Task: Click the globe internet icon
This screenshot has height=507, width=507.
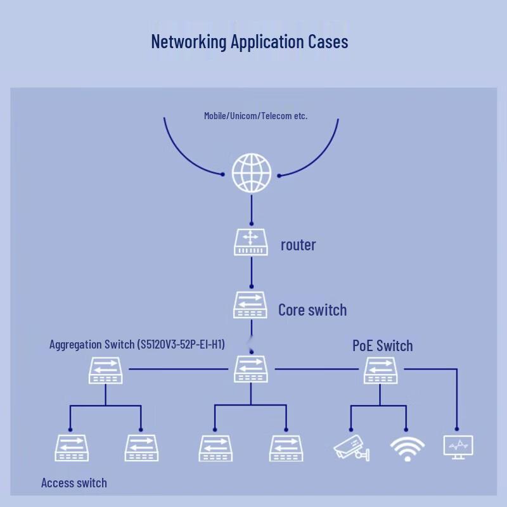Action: pyautogui.click(x=252, y=173)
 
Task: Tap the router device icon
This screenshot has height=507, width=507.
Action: pyautogui.click(x=251, y=242)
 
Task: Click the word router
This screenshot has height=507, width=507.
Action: pyautogui.click(x=298, y=245)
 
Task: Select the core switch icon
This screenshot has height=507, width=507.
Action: pyautogui.click(x=250, y=305)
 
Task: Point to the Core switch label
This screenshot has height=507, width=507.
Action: pyautogui.click(x=312, y=310)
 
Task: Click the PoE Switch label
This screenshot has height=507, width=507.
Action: pyautogui.click(x=383, y=345)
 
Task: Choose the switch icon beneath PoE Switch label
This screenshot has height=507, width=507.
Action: pyautogui.click(x=381, y=370)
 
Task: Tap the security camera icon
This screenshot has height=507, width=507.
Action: pyautogui.click(x=352, y=448)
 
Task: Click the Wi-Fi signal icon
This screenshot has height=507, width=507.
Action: pyautogui.click(x=408, y=449)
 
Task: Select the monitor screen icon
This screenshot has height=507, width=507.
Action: pyautogui.click(x=458, y=447)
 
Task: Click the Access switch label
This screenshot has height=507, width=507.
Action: pyautogui.click(x=74, y=483)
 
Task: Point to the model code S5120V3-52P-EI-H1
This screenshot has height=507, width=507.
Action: pyautogui.click(x=181, y=344)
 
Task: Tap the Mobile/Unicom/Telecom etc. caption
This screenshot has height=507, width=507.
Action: pyautogui.click(x=256, y=116)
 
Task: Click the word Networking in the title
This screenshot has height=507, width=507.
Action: pyautogui.click(x=189, y=42)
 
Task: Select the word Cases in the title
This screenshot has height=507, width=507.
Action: pyautogui.click(x=328, y=42)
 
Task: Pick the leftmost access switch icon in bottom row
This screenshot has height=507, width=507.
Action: pyautogui.click(x=72, y=448)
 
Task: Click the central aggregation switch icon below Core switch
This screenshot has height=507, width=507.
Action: pyautogui.click(x=251, y=369)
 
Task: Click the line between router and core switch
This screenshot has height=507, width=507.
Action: pyautogui.click(x=252, y=272)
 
